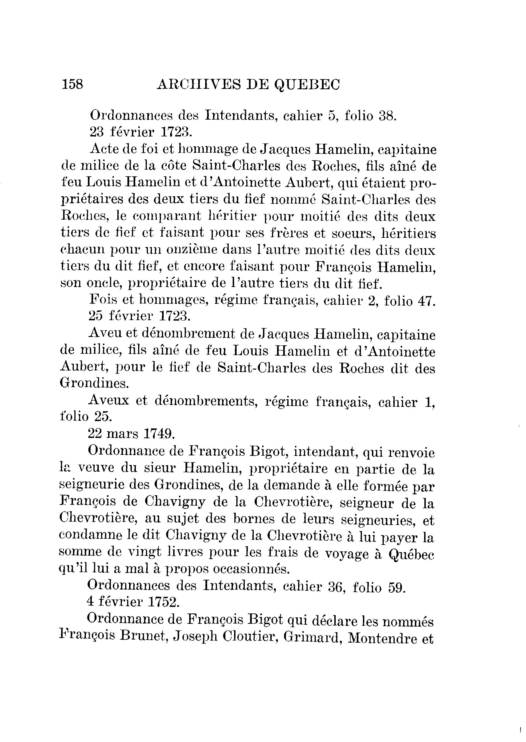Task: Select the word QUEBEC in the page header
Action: click(307, 85)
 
